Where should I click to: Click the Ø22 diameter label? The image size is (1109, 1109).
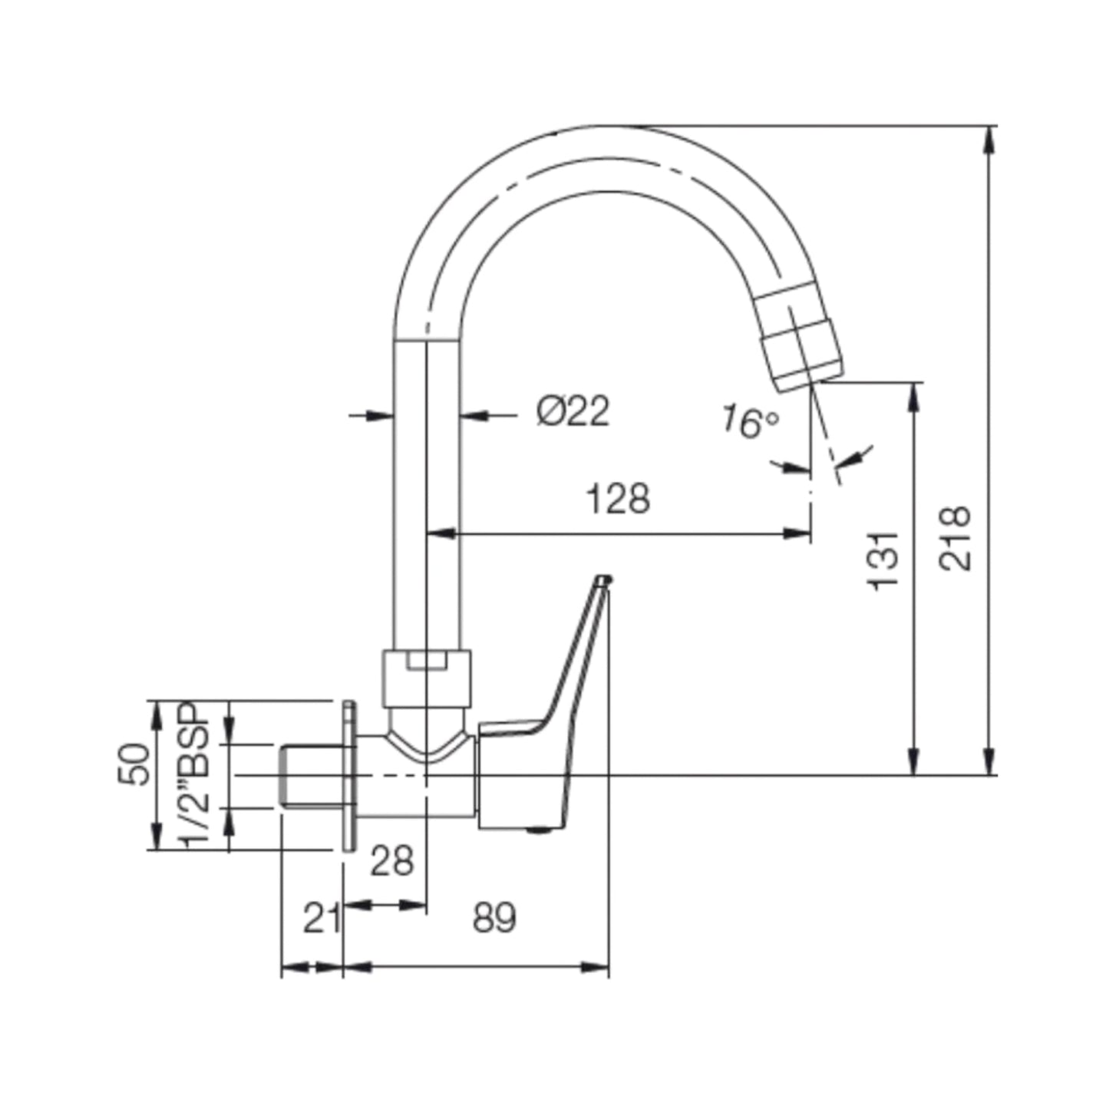point(573,412)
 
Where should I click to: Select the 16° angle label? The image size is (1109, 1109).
point(749,422)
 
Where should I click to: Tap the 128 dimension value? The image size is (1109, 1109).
point(618,499)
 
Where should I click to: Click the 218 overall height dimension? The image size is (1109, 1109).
point(956,538)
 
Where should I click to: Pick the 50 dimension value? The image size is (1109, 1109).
point(134,764)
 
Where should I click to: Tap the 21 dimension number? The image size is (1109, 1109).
point(322,919)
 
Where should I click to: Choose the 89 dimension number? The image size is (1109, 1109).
point(494,918)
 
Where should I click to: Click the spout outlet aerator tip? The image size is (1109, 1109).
point(802,338)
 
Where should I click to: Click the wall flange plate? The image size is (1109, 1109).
point(348,775)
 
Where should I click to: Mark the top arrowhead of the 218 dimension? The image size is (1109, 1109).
point(990,138)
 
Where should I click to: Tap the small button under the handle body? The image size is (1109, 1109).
point(541,829)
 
